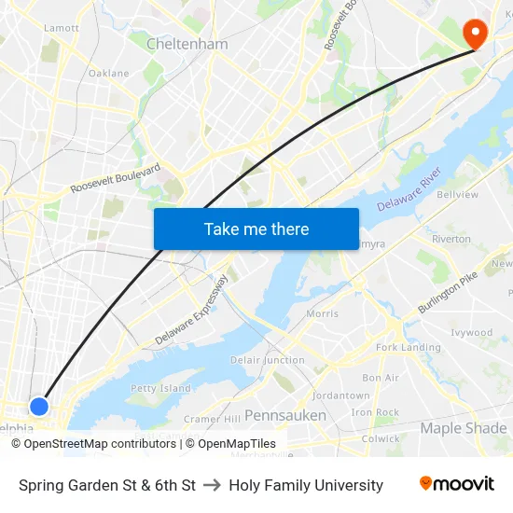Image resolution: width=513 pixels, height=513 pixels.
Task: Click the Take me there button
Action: tap(256, 229)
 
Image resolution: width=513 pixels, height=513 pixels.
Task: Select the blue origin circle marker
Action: tap(39, 407)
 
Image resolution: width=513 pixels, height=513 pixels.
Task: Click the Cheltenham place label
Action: tap(187, 44)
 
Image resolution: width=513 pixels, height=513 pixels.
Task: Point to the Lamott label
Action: tap(62, 28)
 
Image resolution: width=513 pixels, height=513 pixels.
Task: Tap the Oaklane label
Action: tap(109, 73)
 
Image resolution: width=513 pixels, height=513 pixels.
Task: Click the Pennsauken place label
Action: tap(285, 415)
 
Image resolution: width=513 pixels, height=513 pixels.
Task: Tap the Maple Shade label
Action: tap(463, 428)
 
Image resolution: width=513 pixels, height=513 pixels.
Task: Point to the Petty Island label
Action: tap(160, 388)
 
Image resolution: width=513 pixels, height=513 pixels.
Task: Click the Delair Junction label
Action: tap(268, 360)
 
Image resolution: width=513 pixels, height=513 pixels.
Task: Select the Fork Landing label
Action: tap(408, 348)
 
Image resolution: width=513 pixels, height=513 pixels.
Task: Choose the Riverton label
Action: tap(451, 239)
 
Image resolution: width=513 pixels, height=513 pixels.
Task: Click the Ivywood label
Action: tap(471, 333)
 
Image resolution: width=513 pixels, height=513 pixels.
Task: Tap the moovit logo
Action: tap(457, 484)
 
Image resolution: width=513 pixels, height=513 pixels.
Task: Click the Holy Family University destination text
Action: tap(306, 485)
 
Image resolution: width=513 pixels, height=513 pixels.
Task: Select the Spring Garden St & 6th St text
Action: tap(107, 485)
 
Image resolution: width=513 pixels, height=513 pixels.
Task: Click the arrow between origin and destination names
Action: tap(211, 485)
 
